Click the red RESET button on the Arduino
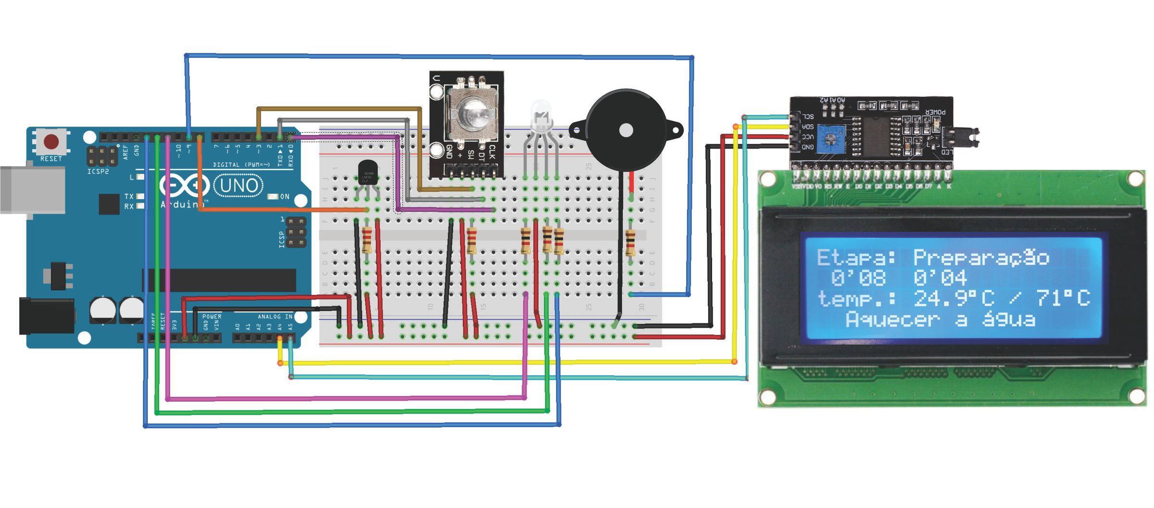pos(51,142)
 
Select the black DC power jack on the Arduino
pos(46,316)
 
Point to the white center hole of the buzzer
pos(626,130)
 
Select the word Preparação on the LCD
pos(981,258)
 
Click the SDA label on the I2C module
pos(808,127)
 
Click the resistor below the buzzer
pos(630,242)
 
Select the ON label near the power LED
pos(285,196)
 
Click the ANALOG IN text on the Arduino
pos(275,317)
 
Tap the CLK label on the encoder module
pos(491,152)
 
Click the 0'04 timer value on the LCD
pos(940,278)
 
